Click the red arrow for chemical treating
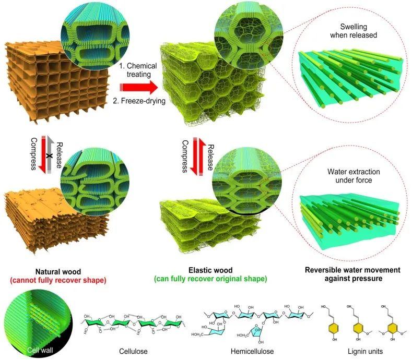click(139, 88)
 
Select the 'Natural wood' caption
click(58, 271)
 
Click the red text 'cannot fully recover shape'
click(58, 280)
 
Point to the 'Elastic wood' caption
click(210, 270)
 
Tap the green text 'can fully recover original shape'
click(210, 279)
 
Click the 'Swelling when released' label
click(354, 31)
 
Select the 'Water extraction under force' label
click(354, 176)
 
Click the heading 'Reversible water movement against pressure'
click(353, 274)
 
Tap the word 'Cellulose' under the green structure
click(133, 351)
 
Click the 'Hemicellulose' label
click(252, 351)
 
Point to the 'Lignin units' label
click(365, 351)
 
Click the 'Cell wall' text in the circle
click(40, 350)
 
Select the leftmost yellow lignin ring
click(334, 328)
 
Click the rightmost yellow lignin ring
click(393, 328)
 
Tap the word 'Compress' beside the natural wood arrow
click(33, 154)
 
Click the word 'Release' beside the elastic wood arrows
click(210, 158)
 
